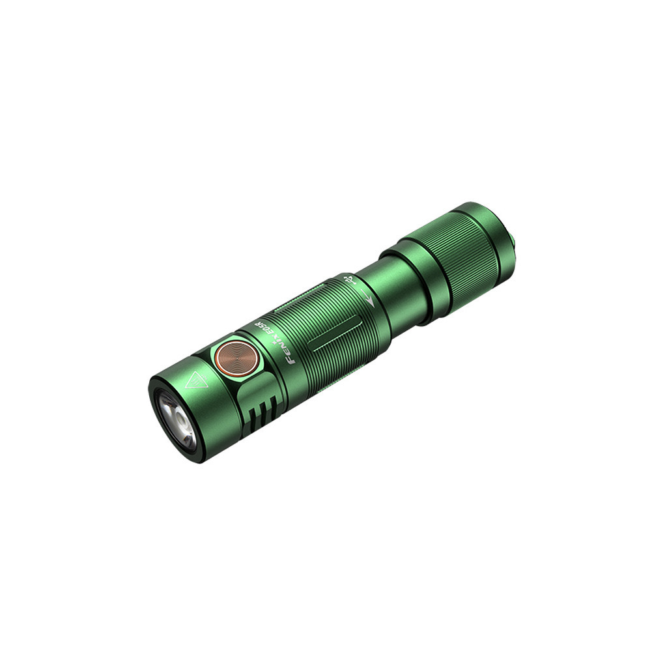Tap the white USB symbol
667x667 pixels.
(349, 279)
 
